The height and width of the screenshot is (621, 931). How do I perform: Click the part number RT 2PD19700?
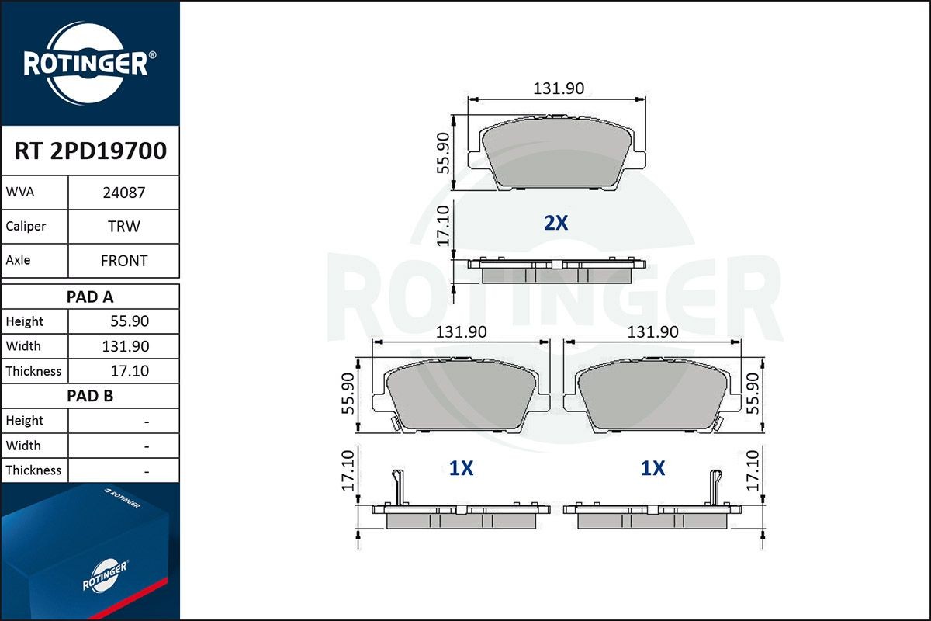point(90,151)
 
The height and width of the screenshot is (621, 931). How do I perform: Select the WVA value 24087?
point(123,193)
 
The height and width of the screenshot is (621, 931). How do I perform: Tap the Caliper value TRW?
point(123,227)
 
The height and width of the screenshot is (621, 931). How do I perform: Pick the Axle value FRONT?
point(123,261)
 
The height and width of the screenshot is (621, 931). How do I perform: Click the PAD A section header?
point(90,297)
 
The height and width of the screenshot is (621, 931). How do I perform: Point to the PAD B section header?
point(90,396)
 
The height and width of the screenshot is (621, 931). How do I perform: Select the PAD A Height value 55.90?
point(130,321)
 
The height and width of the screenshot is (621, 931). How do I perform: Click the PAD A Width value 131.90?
point(126,346)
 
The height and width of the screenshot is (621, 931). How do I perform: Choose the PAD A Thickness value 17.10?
point(130,371)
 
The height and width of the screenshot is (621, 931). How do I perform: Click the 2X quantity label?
point(555,224)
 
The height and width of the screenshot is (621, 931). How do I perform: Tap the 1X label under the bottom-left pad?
point(461,468)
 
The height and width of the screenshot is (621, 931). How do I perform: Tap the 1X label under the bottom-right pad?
point(652,468)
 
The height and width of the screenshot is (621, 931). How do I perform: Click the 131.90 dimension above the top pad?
point(558,88)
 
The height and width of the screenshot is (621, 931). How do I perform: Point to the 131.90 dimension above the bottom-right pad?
point(652,332)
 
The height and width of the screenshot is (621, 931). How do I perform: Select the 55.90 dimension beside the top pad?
point(443,152)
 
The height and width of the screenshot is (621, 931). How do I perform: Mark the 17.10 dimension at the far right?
point(751,470)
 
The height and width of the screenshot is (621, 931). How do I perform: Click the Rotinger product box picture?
point(89,551)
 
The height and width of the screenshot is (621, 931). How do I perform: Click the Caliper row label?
point(26,227)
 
